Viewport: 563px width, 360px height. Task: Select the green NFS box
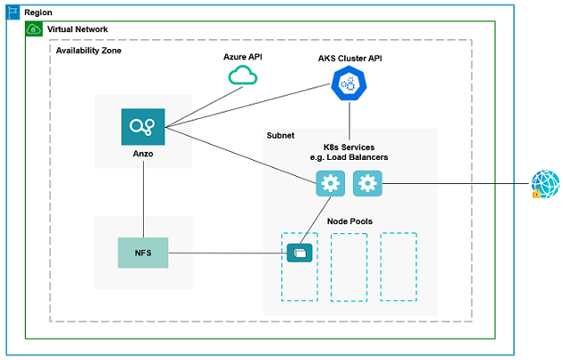tap(143, 253)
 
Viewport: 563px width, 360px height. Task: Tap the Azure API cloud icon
tap(243, 77)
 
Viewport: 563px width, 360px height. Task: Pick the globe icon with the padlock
tap(544, 184)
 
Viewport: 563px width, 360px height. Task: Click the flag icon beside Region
tap(13, 13)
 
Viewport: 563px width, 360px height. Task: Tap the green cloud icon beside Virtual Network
tap(34, 29)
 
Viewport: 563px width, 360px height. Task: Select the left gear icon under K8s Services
tap(331, 184)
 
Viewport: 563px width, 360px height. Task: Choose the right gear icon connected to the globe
tap(367, 184)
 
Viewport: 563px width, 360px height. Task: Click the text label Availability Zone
tap(88, 51)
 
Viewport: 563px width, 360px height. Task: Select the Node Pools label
tap(349, 221)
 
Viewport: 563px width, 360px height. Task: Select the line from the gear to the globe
tap(456, 184)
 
